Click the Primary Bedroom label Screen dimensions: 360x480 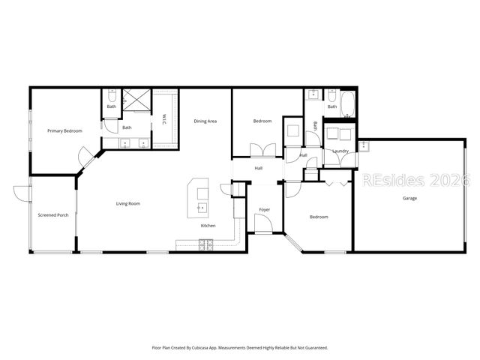tap(64, 131)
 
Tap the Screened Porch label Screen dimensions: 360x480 tap(53, 215)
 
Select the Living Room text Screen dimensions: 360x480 tap(127, 203)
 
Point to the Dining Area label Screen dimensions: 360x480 tap(205, 121)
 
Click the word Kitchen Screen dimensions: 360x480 tap(208, 226)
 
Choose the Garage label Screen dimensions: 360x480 tap(410, 198)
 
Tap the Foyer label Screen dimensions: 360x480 tap(265, 209)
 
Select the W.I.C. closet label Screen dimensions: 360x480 tap(163, 119)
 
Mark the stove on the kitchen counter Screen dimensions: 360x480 tap(207, 244)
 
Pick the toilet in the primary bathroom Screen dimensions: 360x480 tap(110, 96)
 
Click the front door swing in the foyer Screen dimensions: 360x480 tap(263, 224)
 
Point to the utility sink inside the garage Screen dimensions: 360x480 tap(364, 145)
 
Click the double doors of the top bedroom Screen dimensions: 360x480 tap(257, 150)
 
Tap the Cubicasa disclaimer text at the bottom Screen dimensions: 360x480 tap(239, 348)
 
